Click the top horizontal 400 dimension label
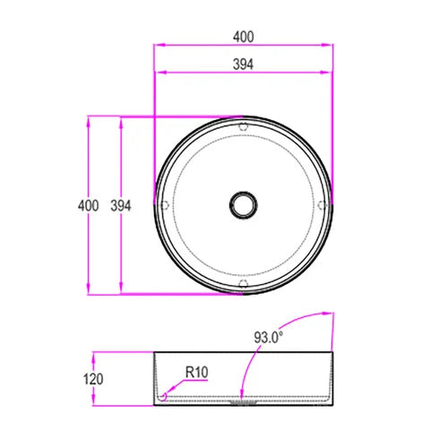243,37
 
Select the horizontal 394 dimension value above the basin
243,64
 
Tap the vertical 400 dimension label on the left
88,205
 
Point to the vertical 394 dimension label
121,205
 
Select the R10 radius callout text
197,371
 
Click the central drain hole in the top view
243,205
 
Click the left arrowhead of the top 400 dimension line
159,45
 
